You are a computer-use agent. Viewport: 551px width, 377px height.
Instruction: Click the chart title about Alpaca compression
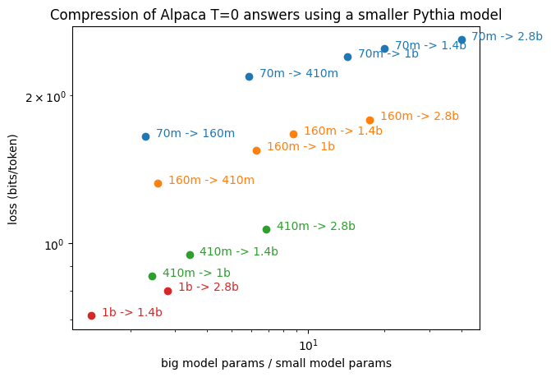pos(276,14)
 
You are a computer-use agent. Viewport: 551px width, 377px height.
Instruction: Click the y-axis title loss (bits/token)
pos(13,177)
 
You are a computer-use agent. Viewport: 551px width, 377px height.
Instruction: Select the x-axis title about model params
pos(276,362)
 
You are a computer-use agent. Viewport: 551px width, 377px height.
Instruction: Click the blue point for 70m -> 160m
pos(145,136)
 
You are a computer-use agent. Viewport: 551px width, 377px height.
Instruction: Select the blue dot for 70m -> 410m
pos(249,76)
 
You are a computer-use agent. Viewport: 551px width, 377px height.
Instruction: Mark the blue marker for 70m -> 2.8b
pos(461,39)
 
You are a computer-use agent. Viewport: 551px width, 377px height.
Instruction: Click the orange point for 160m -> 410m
pos(158,183)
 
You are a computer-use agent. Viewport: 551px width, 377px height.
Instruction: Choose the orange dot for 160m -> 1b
pos(256,150)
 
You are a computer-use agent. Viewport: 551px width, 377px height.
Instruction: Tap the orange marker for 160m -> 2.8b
pos(370,120)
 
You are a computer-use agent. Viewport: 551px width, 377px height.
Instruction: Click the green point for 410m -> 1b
pos(152,276)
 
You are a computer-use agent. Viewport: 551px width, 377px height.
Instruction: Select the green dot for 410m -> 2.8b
pos(266,229)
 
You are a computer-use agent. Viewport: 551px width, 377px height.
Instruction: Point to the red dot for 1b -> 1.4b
pos(91,315)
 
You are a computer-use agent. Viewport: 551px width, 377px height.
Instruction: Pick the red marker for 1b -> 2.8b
pos(168,291)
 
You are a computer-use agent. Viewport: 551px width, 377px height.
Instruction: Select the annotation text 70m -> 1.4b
pos(430,46)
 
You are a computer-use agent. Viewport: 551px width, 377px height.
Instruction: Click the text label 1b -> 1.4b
pos(132,312)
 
